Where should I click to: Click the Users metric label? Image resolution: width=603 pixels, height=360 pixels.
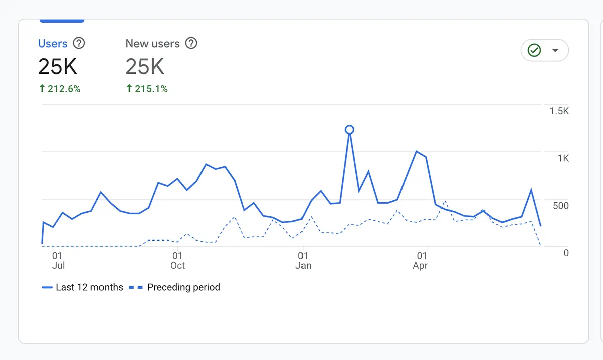[x=53, y=44]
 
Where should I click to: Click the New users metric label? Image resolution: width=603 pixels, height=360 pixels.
[x=152, y=44]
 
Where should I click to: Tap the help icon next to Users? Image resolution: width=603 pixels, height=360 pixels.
[x=79, y=43]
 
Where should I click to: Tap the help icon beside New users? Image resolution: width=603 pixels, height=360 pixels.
[x=191, y=43]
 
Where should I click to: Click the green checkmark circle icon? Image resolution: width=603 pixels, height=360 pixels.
[x=534, y=50]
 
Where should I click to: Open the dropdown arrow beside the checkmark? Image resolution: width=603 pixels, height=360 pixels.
[x=555, y=50]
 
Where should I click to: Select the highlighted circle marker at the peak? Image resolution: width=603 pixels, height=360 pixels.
[x=349, y=130]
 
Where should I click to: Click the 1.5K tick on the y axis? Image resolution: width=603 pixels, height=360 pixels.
[x=559, y=111]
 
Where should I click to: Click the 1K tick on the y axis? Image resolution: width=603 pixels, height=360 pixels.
[x=563, y=158]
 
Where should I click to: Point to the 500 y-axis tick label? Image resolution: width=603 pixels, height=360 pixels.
[x=561, y=206]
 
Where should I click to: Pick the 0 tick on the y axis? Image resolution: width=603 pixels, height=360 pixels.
[x=566, y=253]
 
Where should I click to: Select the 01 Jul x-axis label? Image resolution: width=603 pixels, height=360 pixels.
[x=58, y=261]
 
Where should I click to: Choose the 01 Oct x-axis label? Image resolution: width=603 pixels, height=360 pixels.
[x=177, y=261]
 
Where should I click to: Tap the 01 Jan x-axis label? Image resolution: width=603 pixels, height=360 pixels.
[x=303, y=261]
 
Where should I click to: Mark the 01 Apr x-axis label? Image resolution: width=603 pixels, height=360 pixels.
[x=420, y=261]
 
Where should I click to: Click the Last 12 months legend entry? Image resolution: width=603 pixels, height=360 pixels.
[x=83, y=287]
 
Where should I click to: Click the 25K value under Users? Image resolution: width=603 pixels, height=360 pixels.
[x=58, y=66]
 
